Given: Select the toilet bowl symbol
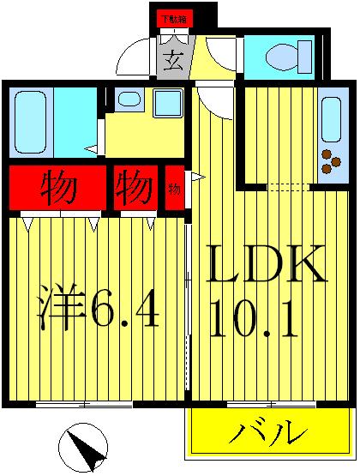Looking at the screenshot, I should point(283,57).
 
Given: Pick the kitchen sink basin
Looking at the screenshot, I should point(330,117).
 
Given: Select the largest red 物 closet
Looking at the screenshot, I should point(57,187).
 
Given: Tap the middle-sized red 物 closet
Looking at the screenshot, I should point(134,187).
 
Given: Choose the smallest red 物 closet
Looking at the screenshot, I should point(174,188).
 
